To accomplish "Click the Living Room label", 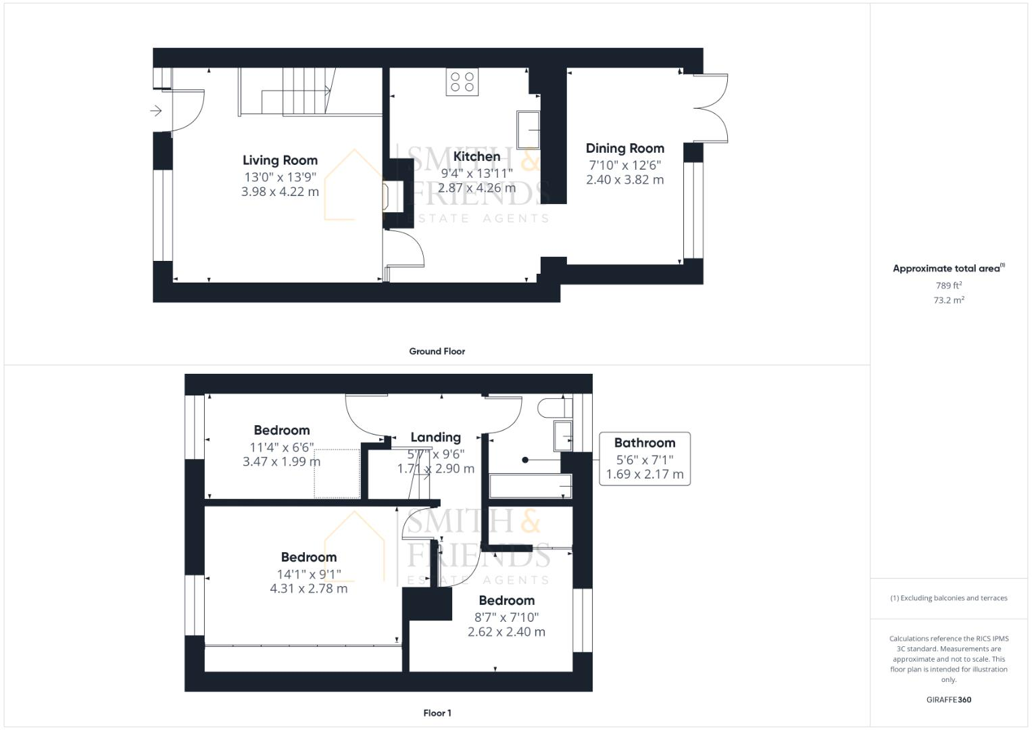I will pos(280,160).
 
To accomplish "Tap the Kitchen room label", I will pos(476,156).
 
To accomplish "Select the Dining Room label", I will pos(624,148).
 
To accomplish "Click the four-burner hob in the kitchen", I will pos(462,82).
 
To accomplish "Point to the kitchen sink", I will pos(529,129).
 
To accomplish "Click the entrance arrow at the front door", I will pos(156,110).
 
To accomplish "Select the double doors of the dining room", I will pos(710,108).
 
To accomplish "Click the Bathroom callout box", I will pos(645,458).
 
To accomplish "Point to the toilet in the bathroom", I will pos(551,408).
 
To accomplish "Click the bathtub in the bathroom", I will pos(531,486).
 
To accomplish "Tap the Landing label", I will pos(435,437).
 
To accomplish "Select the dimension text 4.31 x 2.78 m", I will pos(309,589).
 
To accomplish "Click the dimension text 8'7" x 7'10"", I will pos(506,616).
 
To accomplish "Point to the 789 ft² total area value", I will pos(948,285).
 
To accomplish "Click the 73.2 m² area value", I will pos(948,300).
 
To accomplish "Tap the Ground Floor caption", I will pos(437,351).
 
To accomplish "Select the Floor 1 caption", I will pos(437,713).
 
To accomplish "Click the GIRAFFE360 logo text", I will pos(948,700).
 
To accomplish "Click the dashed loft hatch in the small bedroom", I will pos(336,473).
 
